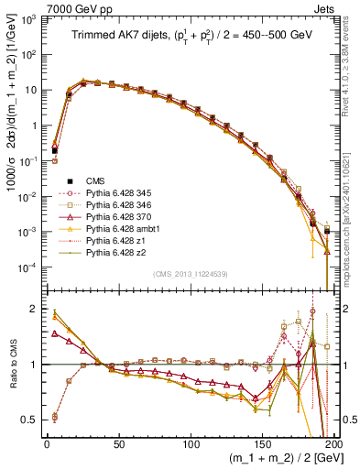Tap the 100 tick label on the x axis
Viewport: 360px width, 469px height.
[191, 442]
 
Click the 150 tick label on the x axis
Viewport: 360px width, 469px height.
[262, 442]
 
